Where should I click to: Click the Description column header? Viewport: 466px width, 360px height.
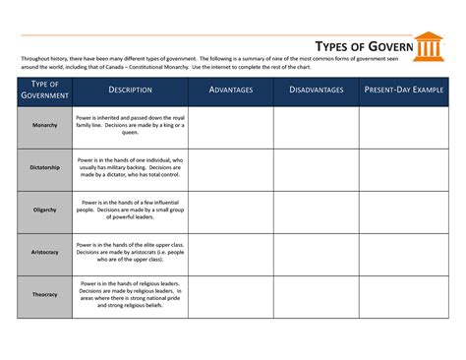pos(130,90)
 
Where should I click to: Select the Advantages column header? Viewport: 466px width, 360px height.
pos(231,90)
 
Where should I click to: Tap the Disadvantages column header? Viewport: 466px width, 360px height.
pos(316,90)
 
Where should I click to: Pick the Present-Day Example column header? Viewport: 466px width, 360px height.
pos(404,90)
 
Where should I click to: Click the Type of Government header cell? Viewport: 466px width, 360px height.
pos(45,90)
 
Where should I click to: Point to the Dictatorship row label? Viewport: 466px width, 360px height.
pos(45,168)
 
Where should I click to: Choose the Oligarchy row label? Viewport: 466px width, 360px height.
pos(45,210)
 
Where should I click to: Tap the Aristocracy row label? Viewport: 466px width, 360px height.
pos(45,253)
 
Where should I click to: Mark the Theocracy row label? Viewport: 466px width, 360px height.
pos(45,295)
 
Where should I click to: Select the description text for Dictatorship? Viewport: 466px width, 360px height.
pos(130,168)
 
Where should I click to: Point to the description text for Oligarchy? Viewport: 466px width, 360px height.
pos(130,210)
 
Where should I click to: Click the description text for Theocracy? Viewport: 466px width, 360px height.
pos(130,295)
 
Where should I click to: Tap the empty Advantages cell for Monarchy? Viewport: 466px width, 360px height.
pos(231,127)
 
